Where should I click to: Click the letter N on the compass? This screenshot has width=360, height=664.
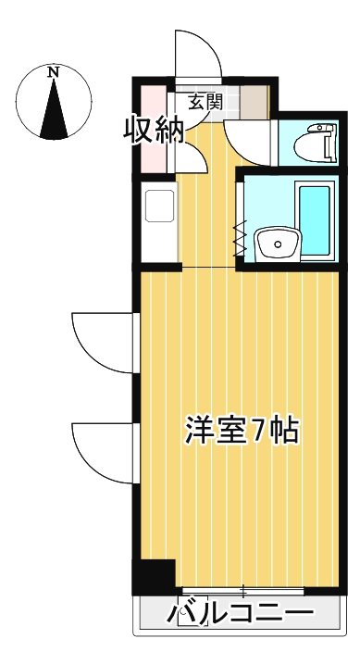[x=54, y=71]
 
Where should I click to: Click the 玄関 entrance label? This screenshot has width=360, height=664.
[x=205, y=101]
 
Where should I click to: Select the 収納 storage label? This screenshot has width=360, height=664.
[x=155, y=131]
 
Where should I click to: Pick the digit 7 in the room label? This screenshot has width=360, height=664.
[x=261, y=431]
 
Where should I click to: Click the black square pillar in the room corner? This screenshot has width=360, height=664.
[x=153, y=577]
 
